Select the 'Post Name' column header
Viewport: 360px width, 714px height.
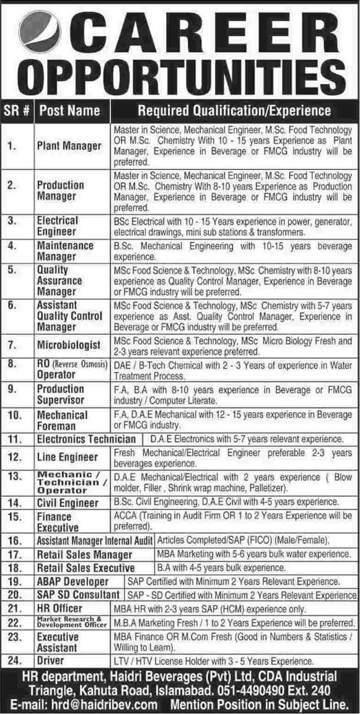[x=69, y=111]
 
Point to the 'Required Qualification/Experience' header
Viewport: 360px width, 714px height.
[x=234, y=111]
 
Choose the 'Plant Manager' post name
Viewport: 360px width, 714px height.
[x=69, y=146]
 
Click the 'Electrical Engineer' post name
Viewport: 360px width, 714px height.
[x=58, y=226]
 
